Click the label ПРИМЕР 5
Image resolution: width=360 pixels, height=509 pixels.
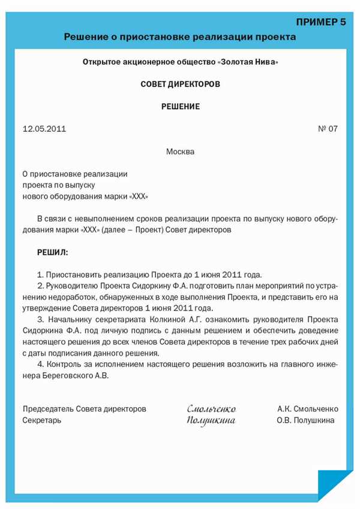point(322,22)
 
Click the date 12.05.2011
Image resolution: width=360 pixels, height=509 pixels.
point(44,129)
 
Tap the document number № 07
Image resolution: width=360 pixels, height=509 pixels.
point(328,129)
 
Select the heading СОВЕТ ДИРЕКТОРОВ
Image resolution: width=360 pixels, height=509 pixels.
point(180,85)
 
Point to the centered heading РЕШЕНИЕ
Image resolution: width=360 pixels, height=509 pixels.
point(180,107)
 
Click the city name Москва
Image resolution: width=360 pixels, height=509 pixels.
point(180,152)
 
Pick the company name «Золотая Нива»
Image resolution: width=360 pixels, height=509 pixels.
point(247,62)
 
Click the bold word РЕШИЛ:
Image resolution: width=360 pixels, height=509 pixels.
point(53,252)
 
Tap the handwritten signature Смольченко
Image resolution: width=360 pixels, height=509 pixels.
point(211,409)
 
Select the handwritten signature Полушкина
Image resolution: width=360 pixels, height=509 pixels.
point(211,421)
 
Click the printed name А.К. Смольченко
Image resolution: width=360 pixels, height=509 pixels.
point(308,409)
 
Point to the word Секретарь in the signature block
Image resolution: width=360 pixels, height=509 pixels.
point(42,420)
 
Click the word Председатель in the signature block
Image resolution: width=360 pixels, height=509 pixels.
point(49,409)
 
